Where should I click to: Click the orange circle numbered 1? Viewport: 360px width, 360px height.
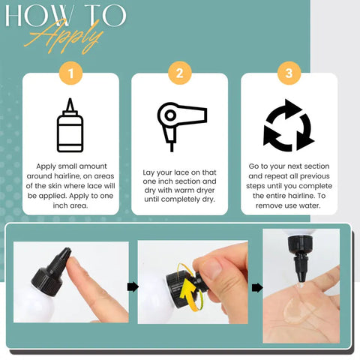[x=70, y=73]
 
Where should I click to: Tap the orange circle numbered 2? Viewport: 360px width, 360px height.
[x=180, y=73]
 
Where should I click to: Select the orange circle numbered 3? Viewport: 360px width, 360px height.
[x=289, y=73]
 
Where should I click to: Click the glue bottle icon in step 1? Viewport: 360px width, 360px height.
[x=70, y=125]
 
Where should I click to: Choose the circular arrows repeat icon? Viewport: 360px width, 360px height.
[x=289, y=125]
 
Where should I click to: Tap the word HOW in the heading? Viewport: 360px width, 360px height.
[x=38, y=16]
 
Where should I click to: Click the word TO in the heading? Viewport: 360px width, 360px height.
[x=105, y=16]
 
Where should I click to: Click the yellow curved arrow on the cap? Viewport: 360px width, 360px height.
[x=189, y=287]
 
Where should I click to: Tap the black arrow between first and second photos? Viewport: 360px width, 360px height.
[x=133, y=286]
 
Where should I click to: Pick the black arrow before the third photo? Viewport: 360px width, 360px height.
[x=257, y=288]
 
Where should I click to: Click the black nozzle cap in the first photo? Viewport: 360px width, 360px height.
[x=51, y=271]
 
